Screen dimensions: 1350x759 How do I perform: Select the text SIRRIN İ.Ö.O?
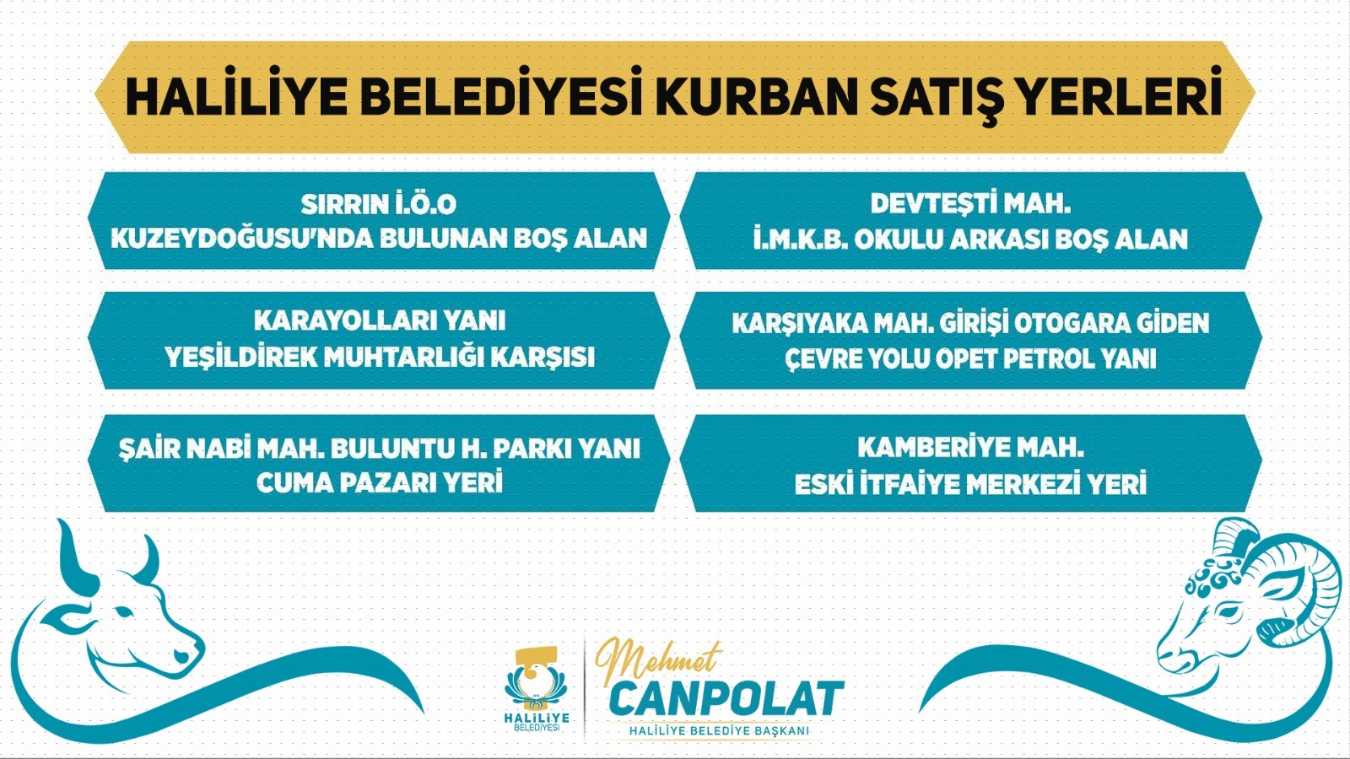coord(379,203)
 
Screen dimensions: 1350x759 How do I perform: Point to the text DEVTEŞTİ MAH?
coord(970,203)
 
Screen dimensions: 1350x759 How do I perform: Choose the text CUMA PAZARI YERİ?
coord(379,483)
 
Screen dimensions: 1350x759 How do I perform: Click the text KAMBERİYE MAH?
coord(970,448)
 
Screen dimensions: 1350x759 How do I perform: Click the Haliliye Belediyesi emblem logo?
coord(537,688)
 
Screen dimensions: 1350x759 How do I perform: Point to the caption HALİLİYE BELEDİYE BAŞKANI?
coord(718,730)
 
